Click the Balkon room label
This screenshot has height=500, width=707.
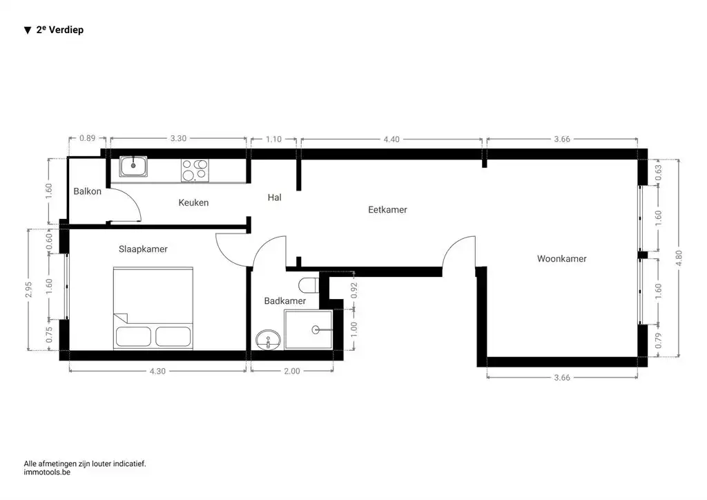pos(88,191)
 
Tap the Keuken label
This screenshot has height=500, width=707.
pos(193,202)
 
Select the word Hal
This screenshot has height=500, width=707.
pos(274,198)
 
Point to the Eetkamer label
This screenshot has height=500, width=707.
pos(387,209)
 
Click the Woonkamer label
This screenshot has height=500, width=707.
pos(561,259)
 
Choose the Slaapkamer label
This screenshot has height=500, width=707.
pos(143,249)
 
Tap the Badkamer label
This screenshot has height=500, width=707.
pos(284,301)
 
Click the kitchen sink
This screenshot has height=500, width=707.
pos(133,166)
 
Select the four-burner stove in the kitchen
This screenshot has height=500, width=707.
pos(195,170)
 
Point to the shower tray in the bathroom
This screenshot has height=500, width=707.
pos(309,330)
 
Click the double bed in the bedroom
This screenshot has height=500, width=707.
pos(153,308)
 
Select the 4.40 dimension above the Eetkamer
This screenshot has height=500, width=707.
pos(391,140)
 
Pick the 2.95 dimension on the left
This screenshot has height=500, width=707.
pos(29,290)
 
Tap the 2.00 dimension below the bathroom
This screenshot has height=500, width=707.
pos(292,371)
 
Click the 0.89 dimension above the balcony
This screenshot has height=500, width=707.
pos(88,138)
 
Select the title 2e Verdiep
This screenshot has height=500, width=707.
pos(59,30)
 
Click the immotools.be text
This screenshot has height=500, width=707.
pos(47,472)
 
